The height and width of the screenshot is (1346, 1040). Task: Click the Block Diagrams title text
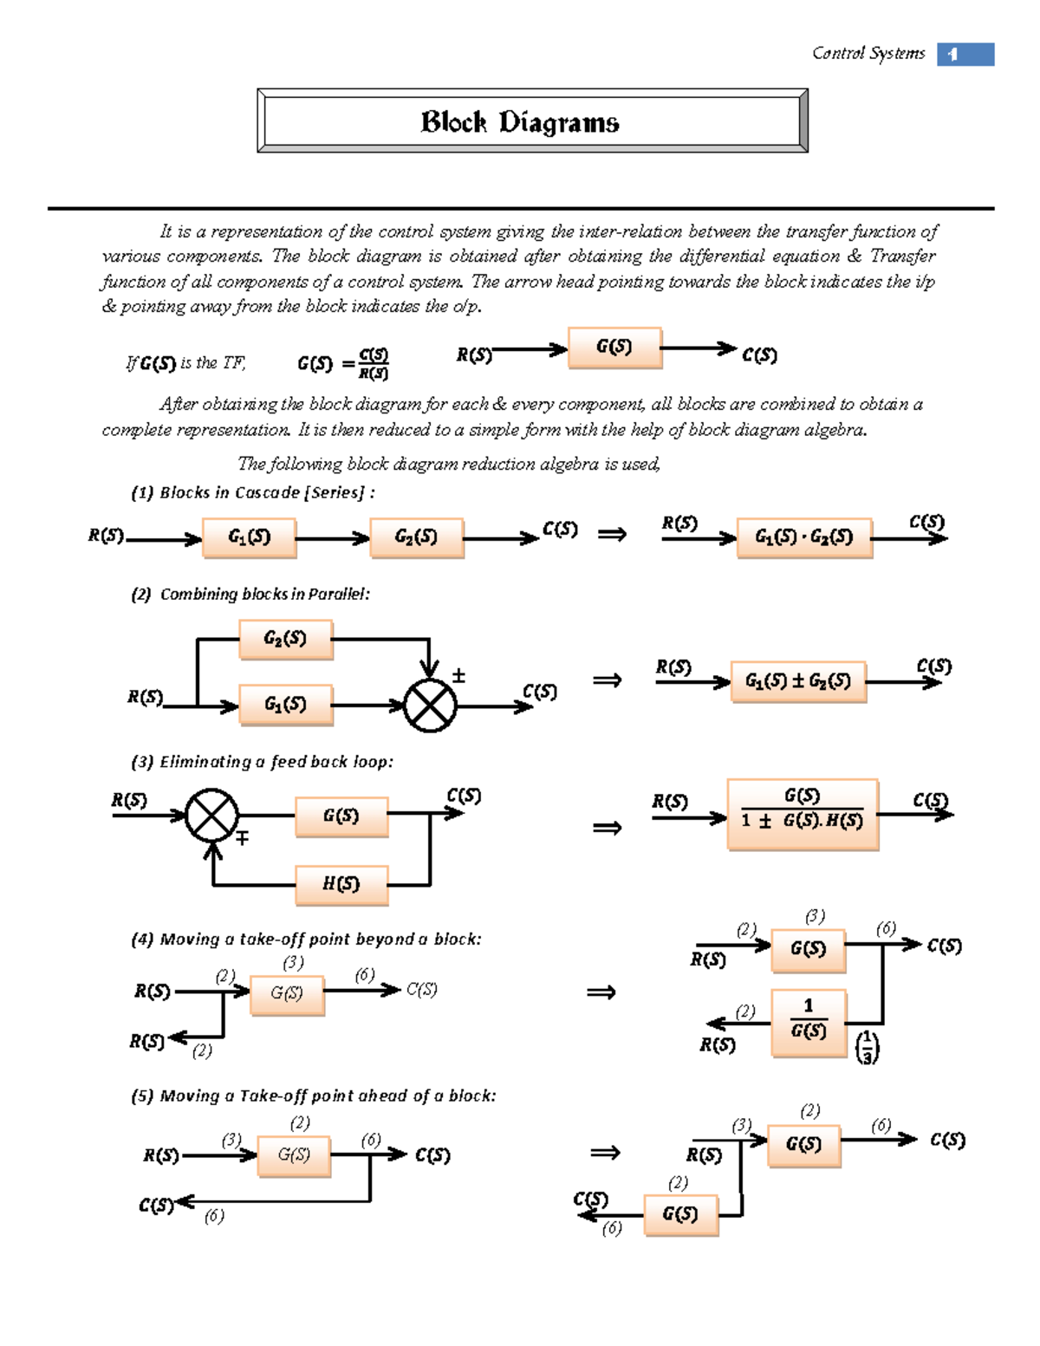520,122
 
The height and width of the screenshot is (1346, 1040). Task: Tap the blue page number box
965,55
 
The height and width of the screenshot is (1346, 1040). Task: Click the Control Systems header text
868,54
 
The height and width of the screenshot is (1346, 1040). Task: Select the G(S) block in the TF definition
614,348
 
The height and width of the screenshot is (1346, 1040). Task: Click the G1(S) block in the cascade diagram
250,537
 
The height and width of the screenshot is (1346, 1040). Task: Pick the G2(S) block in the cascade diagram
416,537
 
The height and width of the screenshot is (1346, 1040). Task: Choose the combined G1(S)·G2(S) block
804,537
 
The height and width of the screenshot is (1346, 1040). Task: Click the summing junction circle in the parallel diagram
431,706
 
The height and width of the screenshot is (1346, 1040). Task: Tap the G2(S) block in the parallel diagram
285,640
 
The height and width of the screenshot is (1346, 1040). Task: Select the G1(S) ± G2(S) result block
798,681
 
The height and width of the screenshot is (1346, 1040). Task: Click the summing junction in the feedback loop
212,816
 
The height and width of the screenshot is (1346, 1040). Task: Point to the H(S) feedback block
341,885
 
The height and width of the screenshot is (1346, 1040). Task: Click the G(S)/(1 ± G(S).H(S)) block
803,814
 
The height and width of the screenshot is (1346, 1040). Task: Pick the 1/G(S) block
809,1022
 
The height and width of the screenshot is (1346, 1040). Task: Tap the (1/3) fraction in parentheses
867,1047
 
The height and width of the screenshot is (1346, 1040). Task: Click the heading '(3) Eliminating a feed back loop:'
262,762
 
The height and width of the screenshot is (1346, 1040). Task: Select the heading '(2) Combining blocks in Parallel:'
250,595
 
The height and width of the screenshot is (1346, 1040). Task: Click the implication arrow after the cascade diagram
612,535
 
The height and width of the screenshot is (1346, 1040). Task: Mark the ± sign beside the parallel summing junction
458,676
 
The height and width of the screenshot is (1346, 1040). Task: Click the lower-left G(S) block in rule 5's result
681,1214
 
